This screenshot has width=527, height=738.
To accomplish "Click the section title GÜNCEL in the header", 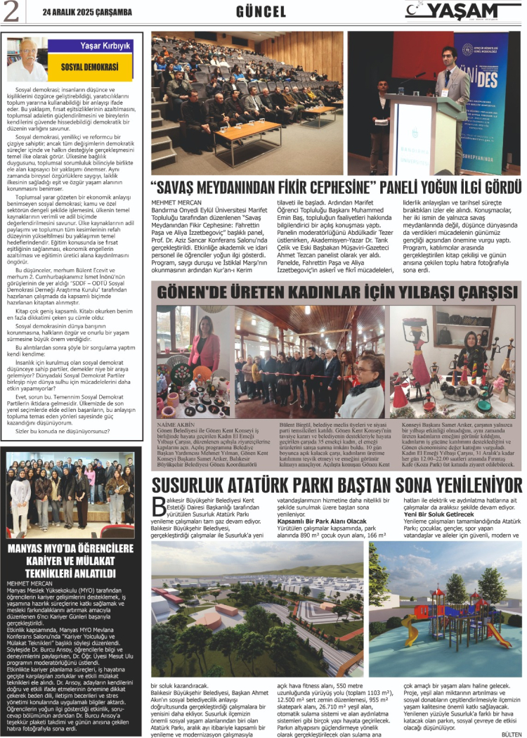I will pos(261,12).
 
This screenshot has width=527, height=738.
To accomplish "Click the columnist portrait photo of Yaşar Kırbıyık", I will pos(29,59).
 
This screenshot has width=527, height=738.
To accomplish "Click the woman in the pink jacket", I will pos(204,344).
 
